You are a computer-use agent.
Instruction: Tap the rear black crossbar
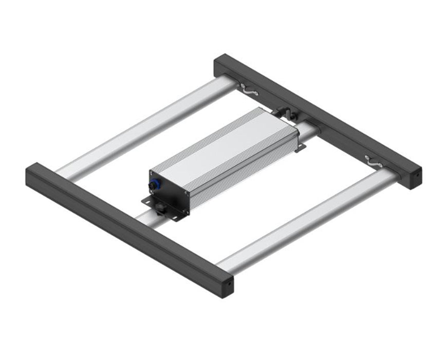319,118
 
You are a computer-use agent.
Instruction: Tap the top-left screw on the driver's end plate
152,173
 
